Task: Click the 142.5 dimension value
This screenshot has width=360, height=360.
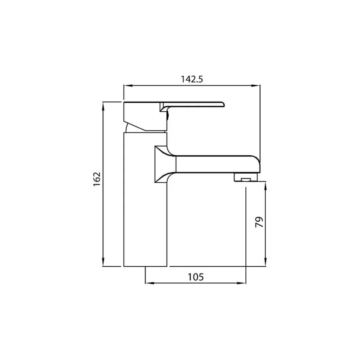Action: [192, 79]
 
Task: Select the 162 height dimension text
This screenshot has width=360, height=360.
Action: [97, 179]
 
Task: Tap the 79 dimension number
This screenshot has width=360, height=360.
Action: [259, 222]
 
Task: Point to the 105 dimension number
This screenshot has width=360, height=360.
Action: [196, 277]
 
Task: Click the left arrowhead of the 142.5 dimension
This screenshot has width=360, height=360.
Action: [126, 86]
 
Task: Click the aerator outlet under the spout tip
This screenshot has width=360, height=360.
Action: [246, 178]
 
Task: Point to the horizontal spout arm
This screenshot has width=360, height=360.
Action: [213, 164]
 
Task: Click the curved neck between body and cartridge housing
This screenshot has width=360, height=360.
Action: [130, 129]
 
